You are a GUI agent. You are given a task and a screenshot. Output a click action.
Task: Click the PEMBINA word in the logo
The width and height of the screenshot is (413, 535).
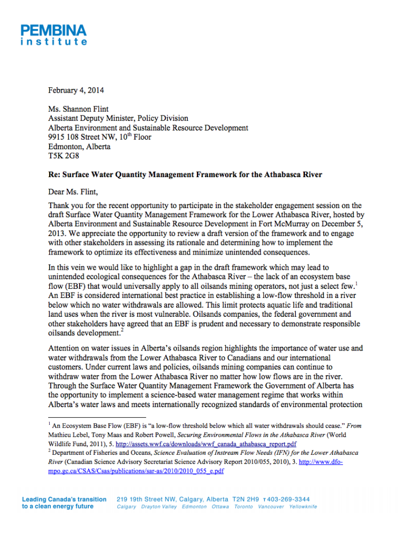click(x=53, y=30)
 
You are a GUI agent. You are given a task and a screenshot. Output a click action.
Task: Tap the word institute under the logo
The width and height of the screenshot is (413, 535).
click(x=53, y=42)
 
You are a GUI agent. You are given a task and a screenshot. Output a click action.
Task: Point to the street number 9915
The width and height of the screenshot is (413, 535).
click(x=58, y=137)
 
